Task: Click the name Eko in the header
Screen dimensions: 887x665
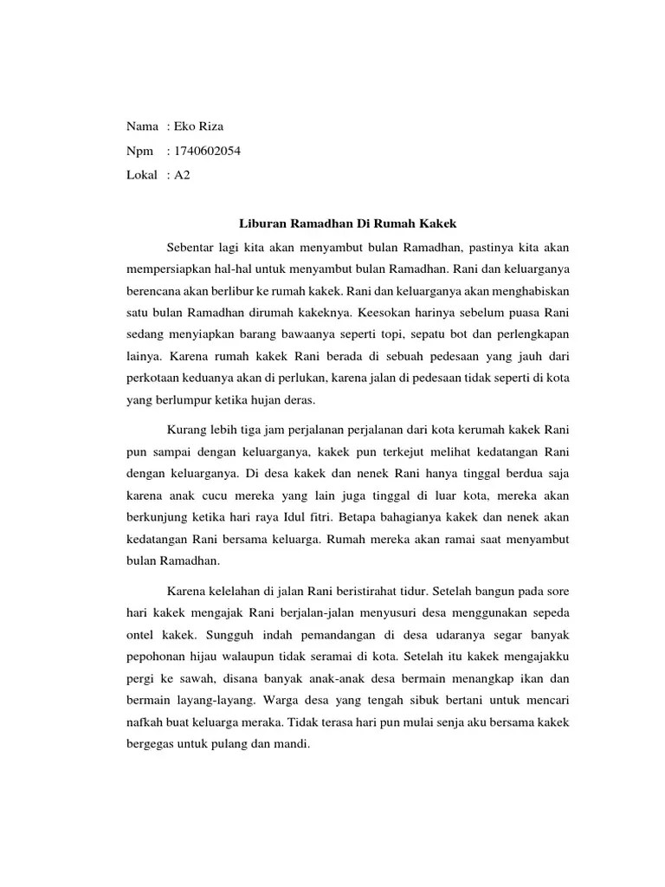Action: [x=184, y=126]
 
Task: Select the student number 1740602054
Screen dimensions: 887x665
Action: [x=207, y=151]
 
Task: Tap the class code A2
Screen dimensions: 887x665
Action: [x=182, y=175]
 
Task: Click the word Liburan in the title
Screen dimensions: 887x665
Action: [x=261, y=223]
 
